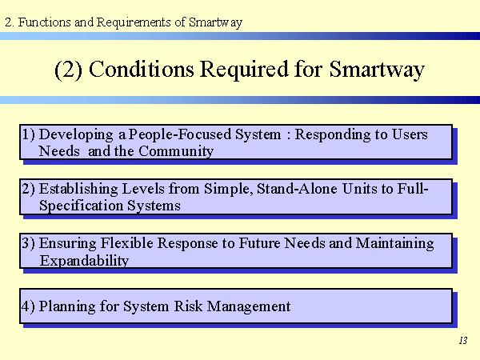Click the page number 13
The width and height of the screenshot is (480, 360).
pos(463,341)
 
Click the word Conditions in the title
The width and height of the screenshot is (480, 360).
pos(142,69)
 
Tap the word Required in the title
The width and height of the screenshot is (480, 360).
pos(244,70)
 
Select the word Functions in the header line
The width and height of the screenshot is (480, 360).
pos(44,22)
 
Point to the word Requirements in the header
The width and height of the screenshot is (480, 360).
pos(134,22)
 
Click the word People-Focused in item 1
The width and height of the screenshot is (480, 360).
pos(180,134)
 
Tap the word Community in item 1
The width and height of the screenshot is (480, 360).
pos(176,151)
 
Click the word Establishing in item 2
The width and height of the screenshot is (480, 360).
pos(78,189)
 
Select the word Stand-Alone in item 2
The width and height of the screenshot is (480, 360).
pos(297,189)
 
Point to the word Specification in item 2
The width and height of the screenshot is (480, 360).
pos(81,206)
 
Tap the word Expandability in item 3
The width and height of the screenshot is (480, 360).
pos(84,261)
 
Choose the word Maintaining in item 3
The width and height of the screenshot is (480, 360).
pos(394,244)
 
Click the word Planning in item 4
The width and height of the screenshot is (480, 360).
pos(67,306)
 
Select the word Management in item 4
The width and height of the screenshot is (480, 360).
pos(249,306)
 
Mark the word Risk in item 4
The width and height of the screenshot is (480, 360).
pos(188,306)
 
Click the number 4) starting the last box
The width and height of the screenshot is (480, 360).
pos(28,306)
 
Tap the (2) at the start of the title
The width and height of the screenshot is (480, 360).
pos(68,70)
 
